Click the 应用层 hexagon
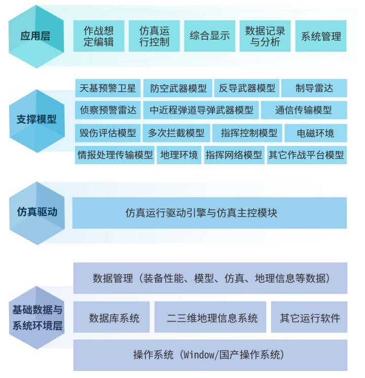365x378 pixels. click(36, 36)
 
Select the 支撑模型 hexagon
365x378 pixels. click(37, 121)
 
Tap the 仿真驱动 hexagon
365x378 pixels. click(37, 213)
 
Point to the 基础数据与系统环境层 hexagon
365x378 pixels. click(37, 318)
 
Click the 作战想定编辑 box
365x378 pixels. click(99, 36)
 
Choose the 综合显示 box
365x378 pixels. click(210, 36)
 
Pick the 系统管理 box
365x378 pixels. click(321, 36)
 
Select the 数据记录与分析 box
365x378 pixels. click(265, 36)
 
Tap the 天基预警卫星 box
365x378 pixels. click(107, 88)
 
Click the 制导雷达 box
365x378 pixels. click(314, 88)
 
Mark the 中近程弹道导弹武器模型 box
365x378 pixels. click(201, 110)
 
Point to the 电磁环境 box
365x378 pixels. click(316, 133)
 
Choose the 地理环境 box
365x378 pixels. click(179, 155)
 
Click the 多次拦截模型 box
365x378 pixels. click(176, 133)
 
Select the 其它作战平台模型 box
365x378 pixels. click(307, 155)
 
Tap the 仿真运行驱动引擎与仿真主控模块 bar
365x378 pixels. click(209, 213)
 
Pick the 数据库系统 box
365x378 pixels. click(112, 317)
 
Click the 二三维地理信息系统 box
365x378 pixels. click(210, 317)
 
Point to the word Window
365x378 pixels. click(198, 355)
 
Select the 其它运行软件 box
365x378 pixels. click(309, 317)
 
